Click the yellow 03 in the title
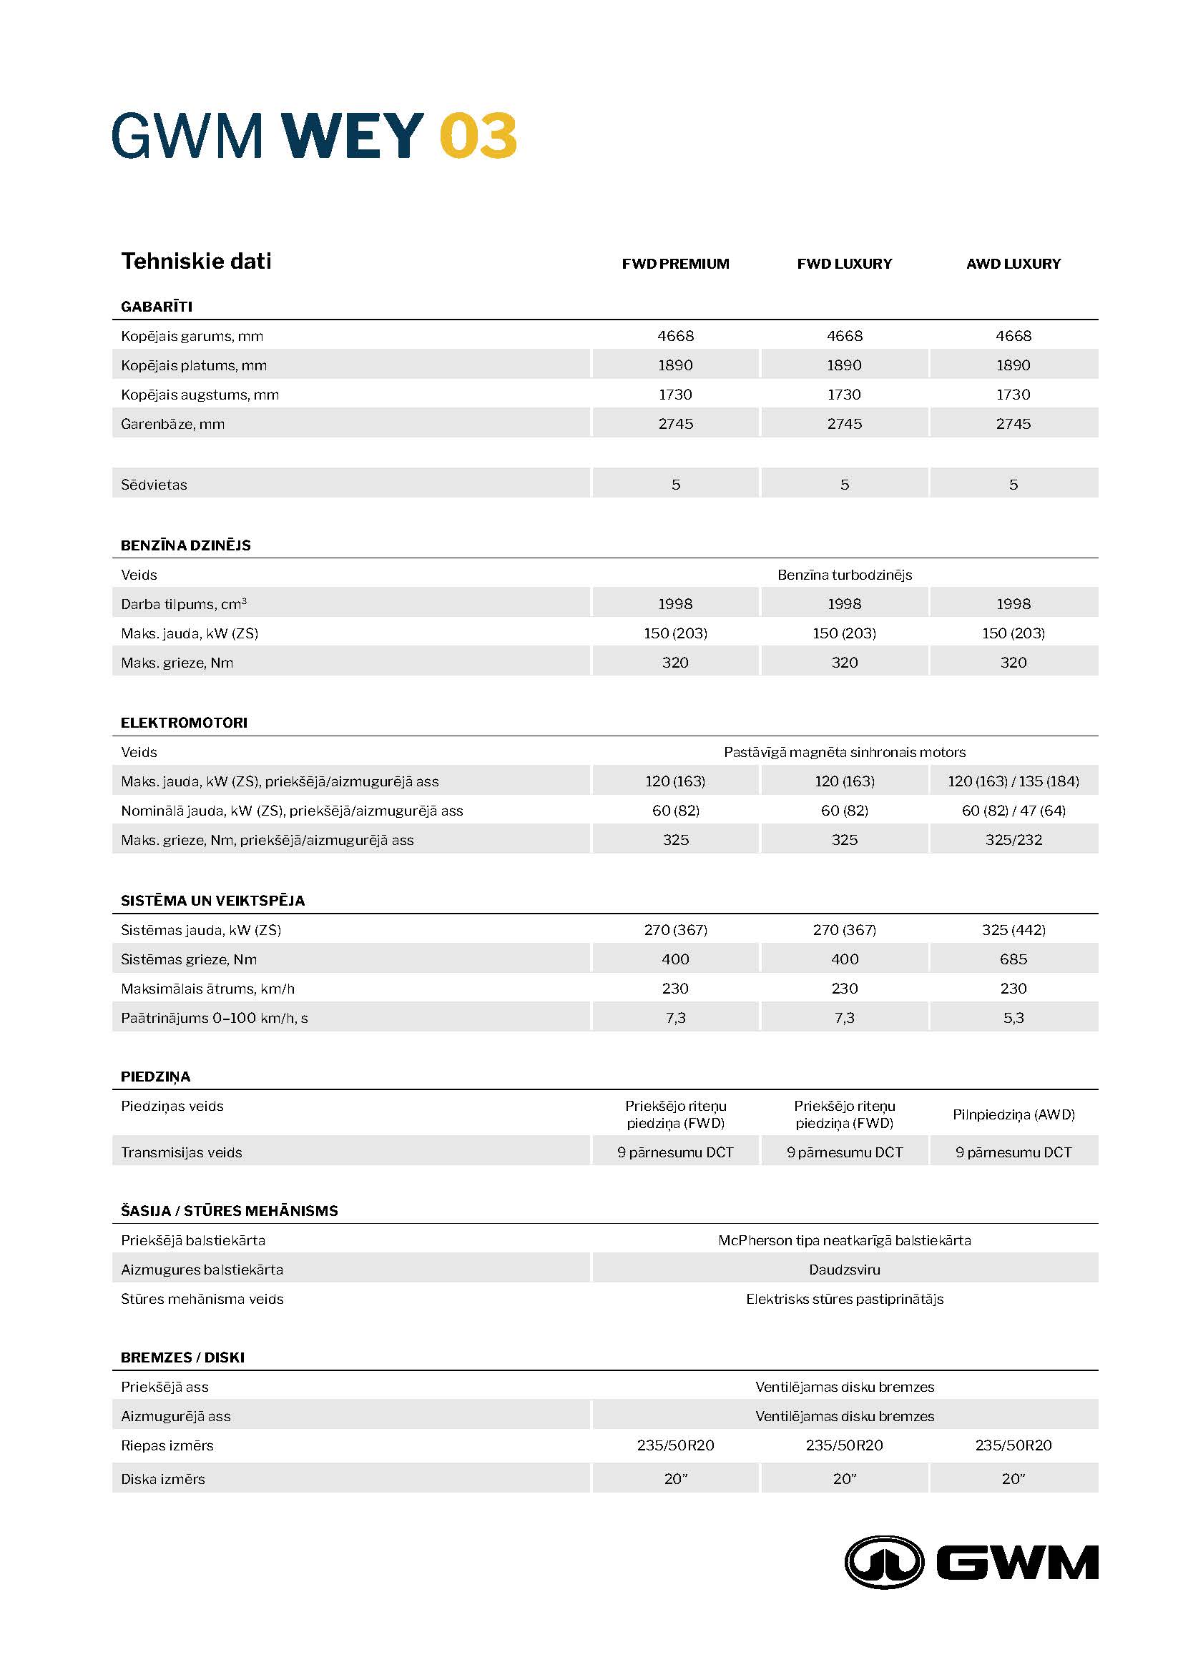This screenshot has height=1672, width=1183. point(478,135)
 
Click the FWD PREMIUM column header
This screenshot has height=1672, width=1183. point(675,264)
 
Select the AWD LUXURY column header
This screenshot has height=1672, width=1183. point(1013,264)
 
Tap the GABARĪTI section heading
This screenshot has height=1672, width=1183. point(157,307)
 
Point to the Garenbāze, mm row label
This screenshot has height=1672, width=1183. point(172,424)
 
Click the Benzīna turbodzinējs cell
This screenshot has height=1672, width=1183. point(844,575)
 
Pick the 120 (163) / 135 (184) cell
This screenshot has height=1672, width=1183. point(1013,781)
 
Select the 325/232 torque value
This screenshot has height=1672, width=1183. point(1013,840)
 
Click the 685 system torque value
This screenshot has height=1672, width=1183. point(1013,959)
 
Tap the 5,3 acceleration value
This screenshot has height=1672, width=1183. point(1013,1017)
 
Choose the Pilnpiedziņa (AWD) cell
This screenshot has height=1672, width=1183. point(1013,1114)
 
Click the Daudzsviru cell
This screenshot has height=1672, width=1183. point(844,1270)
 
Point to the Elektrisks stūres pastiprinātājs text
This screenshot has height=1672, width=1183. point(844,1298)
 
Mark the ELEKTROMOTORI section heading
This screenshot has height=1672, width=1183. point(185,723)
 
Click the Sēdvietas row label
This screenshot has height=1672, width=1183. point(154,484)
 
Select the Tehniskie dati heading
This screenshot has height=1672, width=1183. point(196,261)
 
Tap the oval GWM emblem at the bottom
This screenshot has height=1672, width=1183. point(883,1562)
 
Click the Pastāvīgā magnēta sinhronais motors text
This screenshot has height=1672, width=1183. point(844,752)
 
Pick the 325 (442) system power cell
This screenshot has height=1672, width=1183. point(1013,930)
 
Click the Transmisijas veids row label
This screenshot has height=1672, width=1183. point(182,1152)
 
